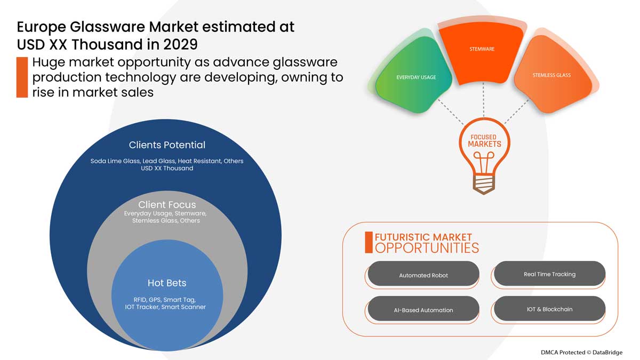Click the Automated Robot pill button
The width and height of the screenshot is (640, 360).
pyautogui.click(x=423, y=275)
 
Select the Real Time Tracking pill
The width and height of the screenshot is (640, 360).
pyautogui.click(x=549, y=274)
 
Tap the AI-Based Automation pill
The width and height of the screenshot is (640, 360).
pyautogui.click(x=423, y=310)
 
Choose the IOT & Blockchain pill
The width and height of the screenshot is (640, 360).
pyautogui.click(x=549, y=309)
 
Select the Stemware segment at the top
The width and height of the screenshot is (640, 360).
pyautogui.click(x=482, y=49)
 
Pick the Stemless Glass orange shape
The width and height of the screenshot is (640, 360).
pyautogui.click(x=551, y=75)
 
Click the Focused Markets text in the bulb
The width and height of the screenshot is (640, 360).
pyautogui.click(x=484, y=141)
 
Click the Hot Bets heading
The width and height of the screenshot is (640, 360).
pyautogui.click(x=166, y=283)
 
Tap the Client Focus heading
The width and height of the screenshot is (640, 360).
pyautogui.click(x=167, y=205)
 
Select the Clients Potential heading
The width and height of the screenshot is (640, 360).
pyautogui.click(x=167, y=145)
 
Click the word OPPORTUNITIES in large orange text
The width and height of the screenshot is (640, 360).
pyautogui.click(x=427, y=248)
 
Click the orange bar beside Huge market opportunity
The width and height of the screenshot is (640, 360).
pyautogui.click(x=22, y=77)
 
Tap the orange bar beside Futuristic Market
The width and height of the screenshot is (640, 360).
pyautogui.click(x=369, y=242)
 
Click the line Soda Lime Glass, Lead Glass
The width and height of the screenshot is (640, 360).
pyautogui.click(x=167, y=161)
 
